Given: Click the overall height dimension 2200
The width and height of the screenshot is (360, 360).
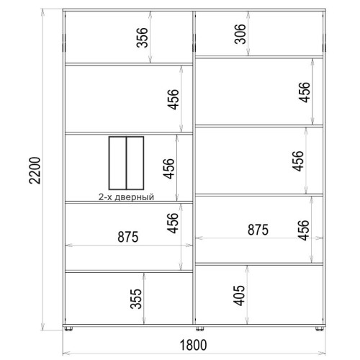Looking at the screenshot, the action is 35,171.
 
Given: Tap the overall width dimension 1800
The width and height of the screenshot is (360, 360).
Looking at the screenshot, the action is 193,345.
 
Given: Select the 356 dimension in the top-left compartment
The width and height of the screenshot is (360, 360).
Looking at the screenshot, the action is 142,37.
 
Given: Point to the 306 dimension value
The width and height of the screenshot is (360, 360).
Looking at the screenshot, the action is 240,34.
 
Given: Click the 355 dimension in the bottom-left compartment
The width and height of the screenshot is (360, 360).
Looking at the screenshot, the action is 136,299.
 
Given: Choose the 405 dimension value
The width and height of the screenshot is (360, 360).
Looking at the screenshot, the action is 239,295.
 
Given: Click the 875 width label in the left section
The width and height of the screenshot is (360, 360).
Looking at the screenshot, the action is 128,237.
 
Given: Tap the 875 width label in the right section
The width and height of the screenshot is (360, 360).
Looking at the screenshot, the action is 258,230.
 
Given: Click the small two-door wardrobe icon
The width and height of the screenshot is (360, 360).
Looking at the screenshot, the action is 126,163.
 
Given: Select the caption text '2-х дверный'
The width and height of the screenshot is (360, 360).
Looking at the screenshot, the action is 126,197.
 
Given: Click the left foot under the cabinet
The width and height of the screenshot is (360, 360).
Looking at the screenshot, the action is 68,328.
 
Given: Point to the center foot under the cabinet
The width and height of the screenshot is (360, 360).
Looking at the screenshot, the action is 199,328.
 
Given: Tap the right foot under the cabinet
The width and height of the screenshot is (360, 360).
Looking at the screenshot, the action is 319,328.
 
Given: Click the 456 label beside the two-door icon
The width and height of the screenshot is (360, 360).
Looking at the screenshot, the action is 168,168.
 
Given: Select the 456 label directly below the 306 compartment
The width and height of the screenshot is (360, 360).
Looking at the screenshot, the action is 305,92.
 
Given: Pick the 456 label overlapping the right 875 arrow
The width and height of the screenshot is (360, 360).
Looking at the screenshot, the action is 303,230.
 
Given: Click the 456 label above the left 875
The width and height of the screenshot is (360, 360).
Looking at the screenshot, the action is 173,223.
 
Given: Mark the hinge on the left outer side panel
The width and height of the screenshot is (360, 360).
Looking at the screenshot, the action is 64,43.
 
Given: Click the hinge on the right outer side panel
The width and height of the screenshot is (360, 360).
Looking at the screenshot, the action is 325,43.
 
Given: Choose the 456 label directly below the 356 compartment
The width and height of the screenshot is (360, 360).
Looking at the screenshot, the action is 174,99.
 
